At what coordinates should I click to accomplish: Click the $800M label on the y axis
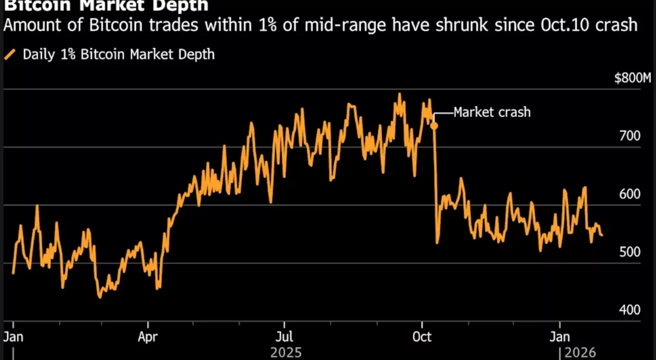(633, 78)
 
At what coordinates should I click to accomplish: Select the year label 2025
(286, 352)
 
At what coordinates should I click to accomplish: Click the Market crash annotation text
(492, 112)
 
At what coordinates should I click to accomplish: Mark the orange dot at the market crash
(434, 125)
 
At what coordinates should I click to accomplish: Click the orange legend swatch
(10, 54)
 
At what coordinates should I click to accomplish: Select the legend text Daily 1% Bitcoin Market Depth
(118, 54)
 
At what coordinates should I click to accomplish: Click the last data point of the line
(602, 235)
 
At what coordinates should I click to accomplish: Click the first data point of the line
(13, 273)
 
